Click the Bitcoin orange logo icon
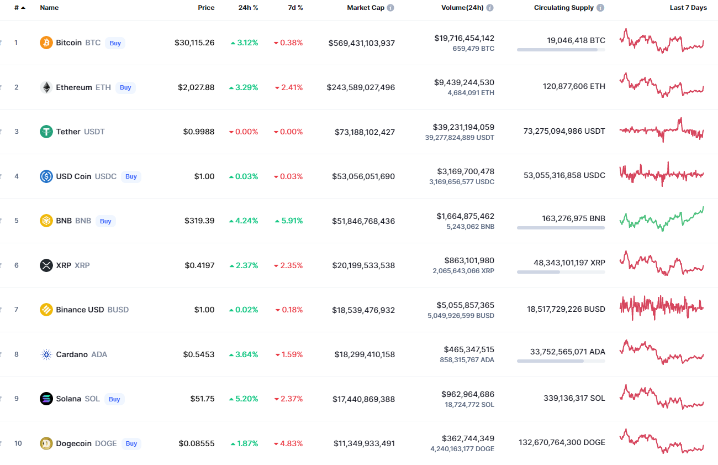[x=46, y=43]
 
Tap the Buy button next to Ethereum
[x=125, y=87]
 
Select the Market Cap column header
[x=365, y=8]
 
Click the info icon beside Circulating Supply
[x=600, y=8]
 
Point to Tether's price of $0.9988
[x=199, y=132]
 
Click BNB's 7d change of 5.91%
[x=288, y=221]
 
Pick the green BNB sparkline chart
[x=662, y=219]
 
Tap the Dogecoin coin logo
[x=46, y=443]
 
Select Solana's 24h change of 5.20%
[x=244, y=399]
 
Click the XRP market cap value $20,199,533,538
[x=363, y=265]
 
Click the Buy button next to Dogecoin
[x=131, y=443]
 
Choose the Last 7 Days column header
[x=688, y=8]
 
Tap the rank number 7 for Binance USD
[x=17, y=310]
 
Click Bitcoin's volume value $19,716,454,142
[x=464, y=38]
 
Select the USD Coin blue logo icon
[x=46, y=176]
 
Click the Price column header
[x=206, y=8]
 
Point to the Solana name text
[x=68, y=399]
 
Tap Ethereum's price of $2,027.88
[x=196, y=87]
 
